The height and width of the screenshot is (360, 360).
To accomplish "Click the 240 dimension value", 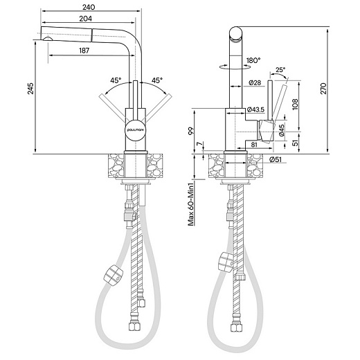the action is (89, 7).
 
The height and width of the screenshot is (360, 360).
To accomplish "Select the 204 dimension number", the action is (85, 19).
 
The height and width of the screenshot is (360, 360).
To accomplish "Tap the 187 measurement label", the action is (84, 51).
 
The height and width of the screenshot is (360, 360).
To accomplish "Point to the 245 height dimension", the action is (30, 89).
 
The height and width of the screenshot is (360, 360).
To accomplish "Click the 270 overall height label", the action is (323, 89).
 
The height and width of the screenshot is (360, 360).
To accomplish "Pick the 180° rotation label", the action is (253, 60).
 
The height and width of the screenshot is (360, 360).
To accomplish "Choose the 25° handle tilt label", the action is (280, 69).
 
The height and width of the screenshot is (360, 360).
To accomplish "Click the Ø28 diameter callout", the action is (255, 82).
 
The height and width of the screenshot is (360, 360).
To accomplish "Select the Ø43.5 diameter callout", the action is (255, 109).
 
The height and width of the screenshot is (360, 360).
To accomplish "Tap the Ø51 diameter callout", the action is (276, 159).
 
